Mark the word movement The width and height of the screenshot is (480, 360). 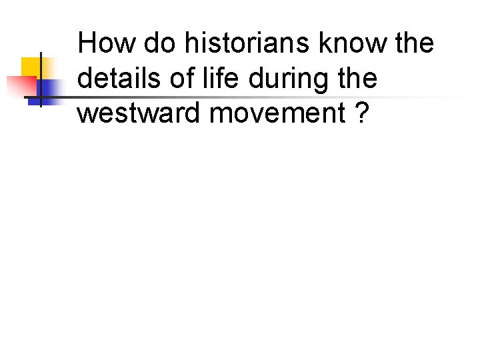[277, 113]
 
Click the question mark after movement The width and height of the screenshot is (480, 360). [361, 113]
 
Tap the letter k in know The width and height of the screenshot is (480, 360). [324, 44]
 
